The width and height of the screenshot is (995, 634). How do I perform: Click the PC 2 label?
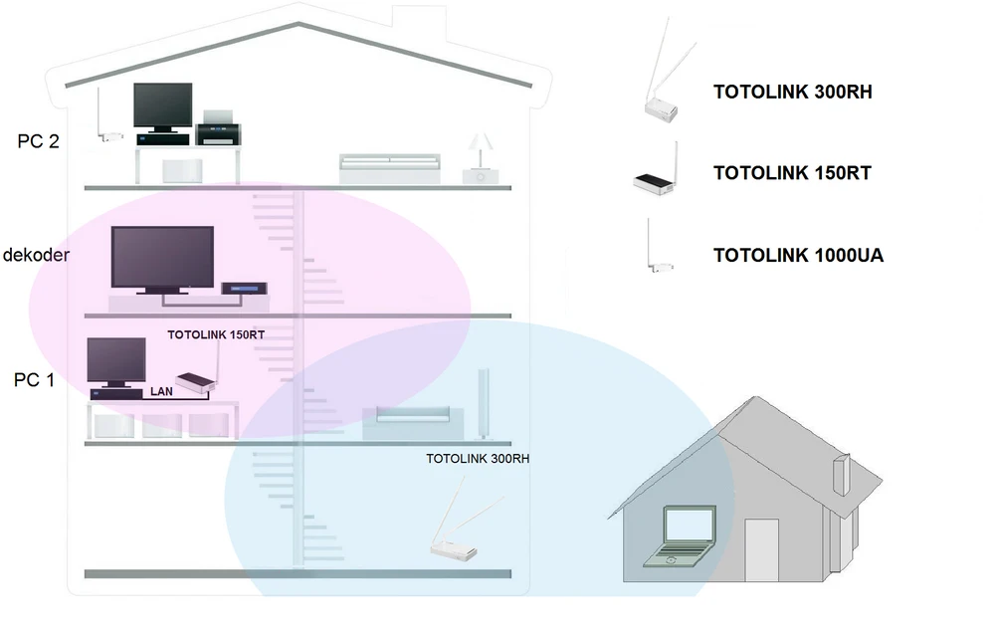38,141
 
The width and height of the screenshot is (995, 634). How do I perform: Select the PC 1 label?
35,379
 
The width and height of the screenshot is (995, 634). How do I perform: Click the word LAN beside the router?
161,392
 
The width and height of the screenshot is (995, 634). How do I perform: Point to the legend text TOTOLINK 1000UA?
798,256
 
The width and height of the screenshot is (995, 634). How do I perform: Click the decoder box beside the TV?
245,289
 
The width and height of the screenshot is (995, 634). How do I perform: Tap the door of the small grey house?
761,549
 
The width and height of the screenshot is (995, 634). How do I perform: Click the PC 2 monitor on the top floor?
163,106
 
